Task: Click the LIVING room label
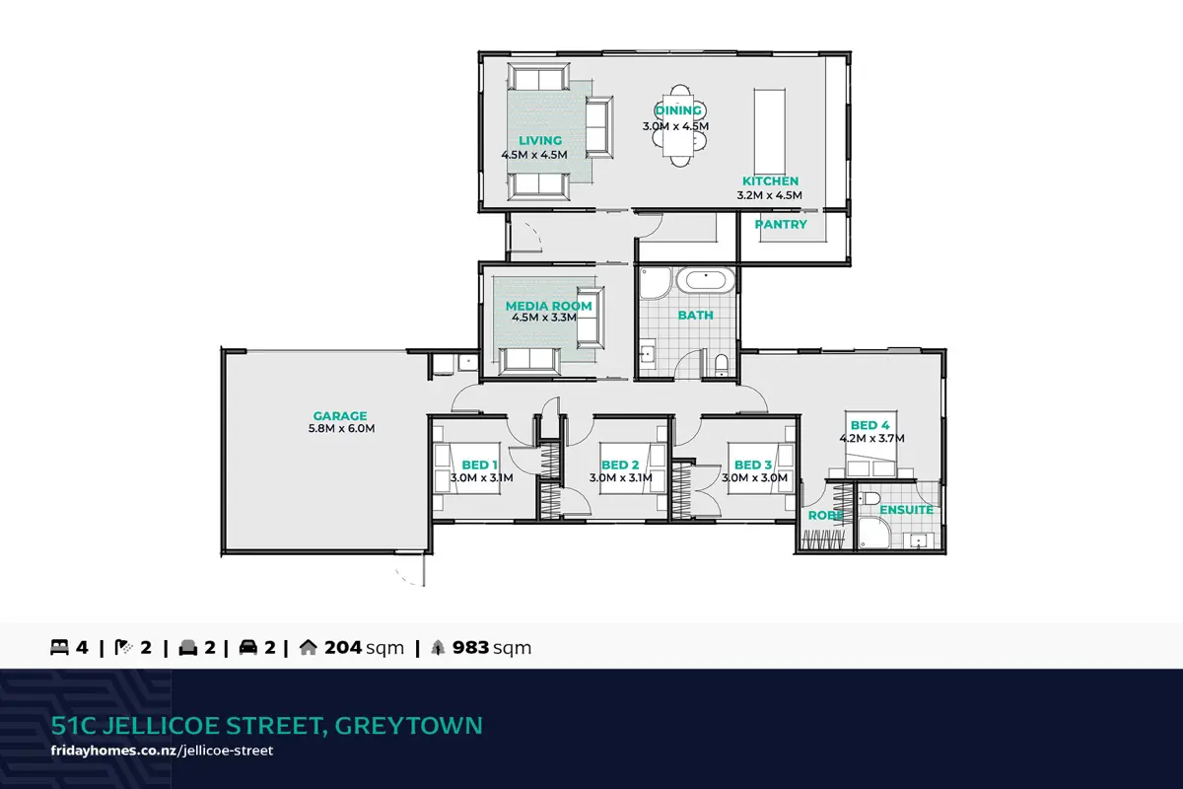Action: (x=540, y=141)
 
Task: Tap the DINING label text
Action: (x=677, y=110)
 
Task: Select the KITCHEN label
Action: (x=771, y=180)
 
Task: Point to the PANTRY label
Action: (x=781, y=224)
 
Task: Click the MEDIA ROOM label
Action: (x=548, y=306)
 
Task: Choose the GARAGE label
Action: (x=339, y=416)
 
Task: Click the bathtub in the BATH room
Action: (x=706, y=279)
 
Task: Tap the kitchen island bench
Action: (x=770, y=131)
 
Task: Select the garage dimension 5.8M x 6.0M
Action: (x=341, y=429)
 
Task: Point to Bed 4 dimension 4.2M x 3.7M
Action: (x=871, y=438)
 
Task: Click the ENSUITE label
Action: (x=906, y=510)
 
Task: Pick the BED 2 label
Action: (x=620, y=466)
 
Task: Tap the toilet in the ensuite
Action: (x=869, y=498)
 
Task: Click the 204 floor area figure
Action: (x=343, y=647)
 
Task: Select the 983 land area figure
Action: (x=470, y=647)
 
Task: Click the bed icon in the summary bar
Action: (x=59, y=647)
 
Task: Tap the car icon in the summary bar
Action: (x=248, y=647)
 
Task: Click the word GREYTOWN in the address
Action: (x=409, y=726)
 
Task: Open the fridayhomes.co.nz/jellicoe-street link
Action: (x=162, y=751)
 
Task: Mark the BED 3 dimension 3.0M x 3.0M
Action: (x=755, y=477)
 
